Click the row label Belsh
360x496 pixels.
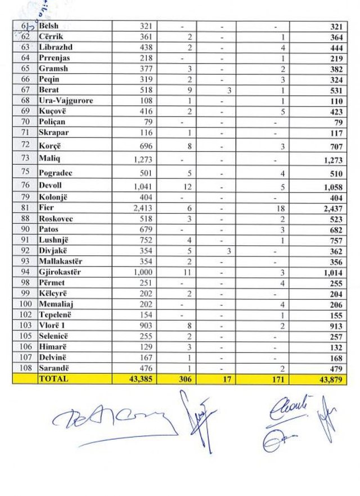point(48,26)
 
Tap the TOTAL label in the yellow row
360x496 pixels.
point(53,378)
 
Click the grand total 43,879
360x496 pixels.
point(331,379)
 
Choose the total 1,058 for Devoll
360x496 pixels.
point(330,187)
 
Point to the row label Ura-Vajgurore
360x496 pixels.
point(66,101)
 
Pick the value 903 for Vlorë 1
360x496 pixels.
point(145,326)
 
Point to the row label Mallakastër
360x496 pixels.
point(61,261)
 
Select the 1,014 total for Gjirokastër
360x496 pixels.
point(330,273)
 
